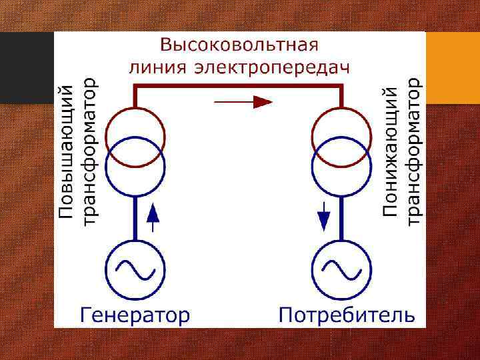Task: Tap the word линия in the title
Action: pos(155,67)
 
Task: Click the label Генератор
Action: pos(135,313)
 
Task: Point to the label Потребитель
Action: pos(347,313)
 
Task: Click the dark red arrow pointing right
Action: pos(244,102)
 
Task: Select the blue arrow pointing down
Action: pos(325,215)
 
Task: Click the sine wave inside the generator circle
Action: pos(135,270)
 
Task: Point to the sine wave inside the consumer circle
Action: pos(343,270)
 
